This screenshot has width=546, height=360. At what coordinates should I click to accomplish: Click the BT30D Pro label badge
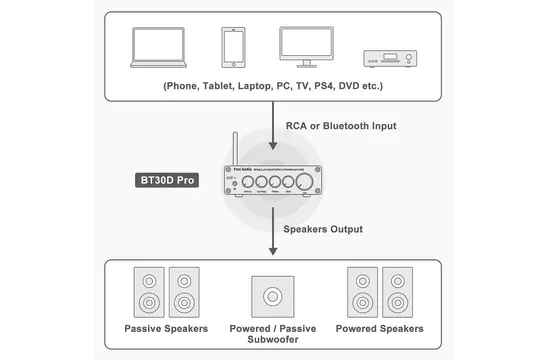coord(166,182)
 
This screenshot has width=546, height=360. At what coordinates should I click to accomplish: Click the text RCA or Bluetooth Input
coord(341,126)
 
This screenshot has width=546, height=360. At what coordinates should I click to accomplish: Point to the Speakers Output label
coord(323,229)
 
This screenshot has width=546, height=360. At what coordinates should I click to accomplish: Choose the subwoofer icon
coord(273,297)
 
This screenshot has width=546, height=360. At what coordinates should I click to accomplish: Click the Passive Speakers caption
coord(166,329)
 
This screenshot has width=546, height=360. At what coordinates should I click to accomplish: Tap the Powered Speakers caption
coord(380,329)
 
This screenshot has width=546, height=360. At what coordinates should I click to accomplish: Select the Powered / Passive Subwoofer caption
coord(273,336)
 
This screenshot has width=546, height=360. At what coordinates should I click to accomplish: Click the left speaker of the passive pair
coord(148,291)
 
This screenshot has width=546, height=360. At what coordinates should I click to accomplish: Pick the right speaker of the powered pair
coord(396,291)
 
